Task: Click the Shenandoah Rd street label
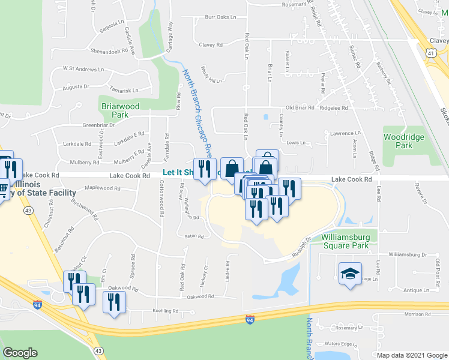pos(109,51)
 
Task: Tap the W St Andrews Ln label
pos(83,69)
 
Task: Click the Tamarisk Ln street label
pos(124,90)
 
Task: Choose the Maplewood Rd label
pos(103,188)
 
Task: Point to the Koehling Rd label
pos(166,311)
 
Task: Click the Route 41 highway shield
pos(431,53)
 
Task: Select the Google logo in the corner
pos(20,353)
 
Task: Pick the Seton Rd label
pos(194,236)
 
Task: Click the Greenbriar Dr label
pos(82,125)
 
